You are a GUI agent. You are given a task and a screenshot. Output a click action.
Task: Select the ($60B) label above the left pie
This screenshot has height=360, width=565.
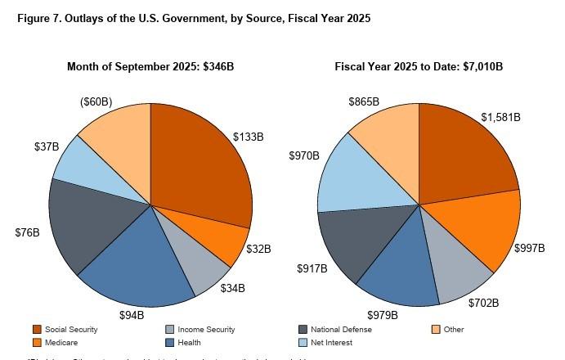click(x=96, y=102)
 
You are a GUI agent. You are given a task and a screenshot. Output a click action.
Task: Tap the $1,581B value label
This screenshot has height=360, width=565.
click(x=500, y=117)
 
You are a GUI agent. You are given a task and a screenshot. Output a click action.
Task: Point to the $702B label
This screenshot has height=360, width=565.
click(x=483, y=303)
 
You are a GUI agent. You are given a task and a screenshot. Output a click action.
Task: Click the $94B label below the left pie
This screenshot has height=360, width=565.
click(x=131, y=314)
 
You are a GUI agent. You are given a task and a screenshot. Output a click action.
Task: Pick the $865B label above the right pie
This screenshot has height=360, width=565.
click(x=363, y=102)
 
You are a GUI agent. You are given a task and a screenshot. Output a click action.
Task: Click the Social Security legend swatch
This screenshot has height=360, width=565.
click(x=37, y=330)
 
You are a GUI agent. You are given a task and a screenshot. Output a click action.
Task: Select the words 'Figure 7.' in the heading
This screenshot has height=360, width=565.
click(x=38, y=18)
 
